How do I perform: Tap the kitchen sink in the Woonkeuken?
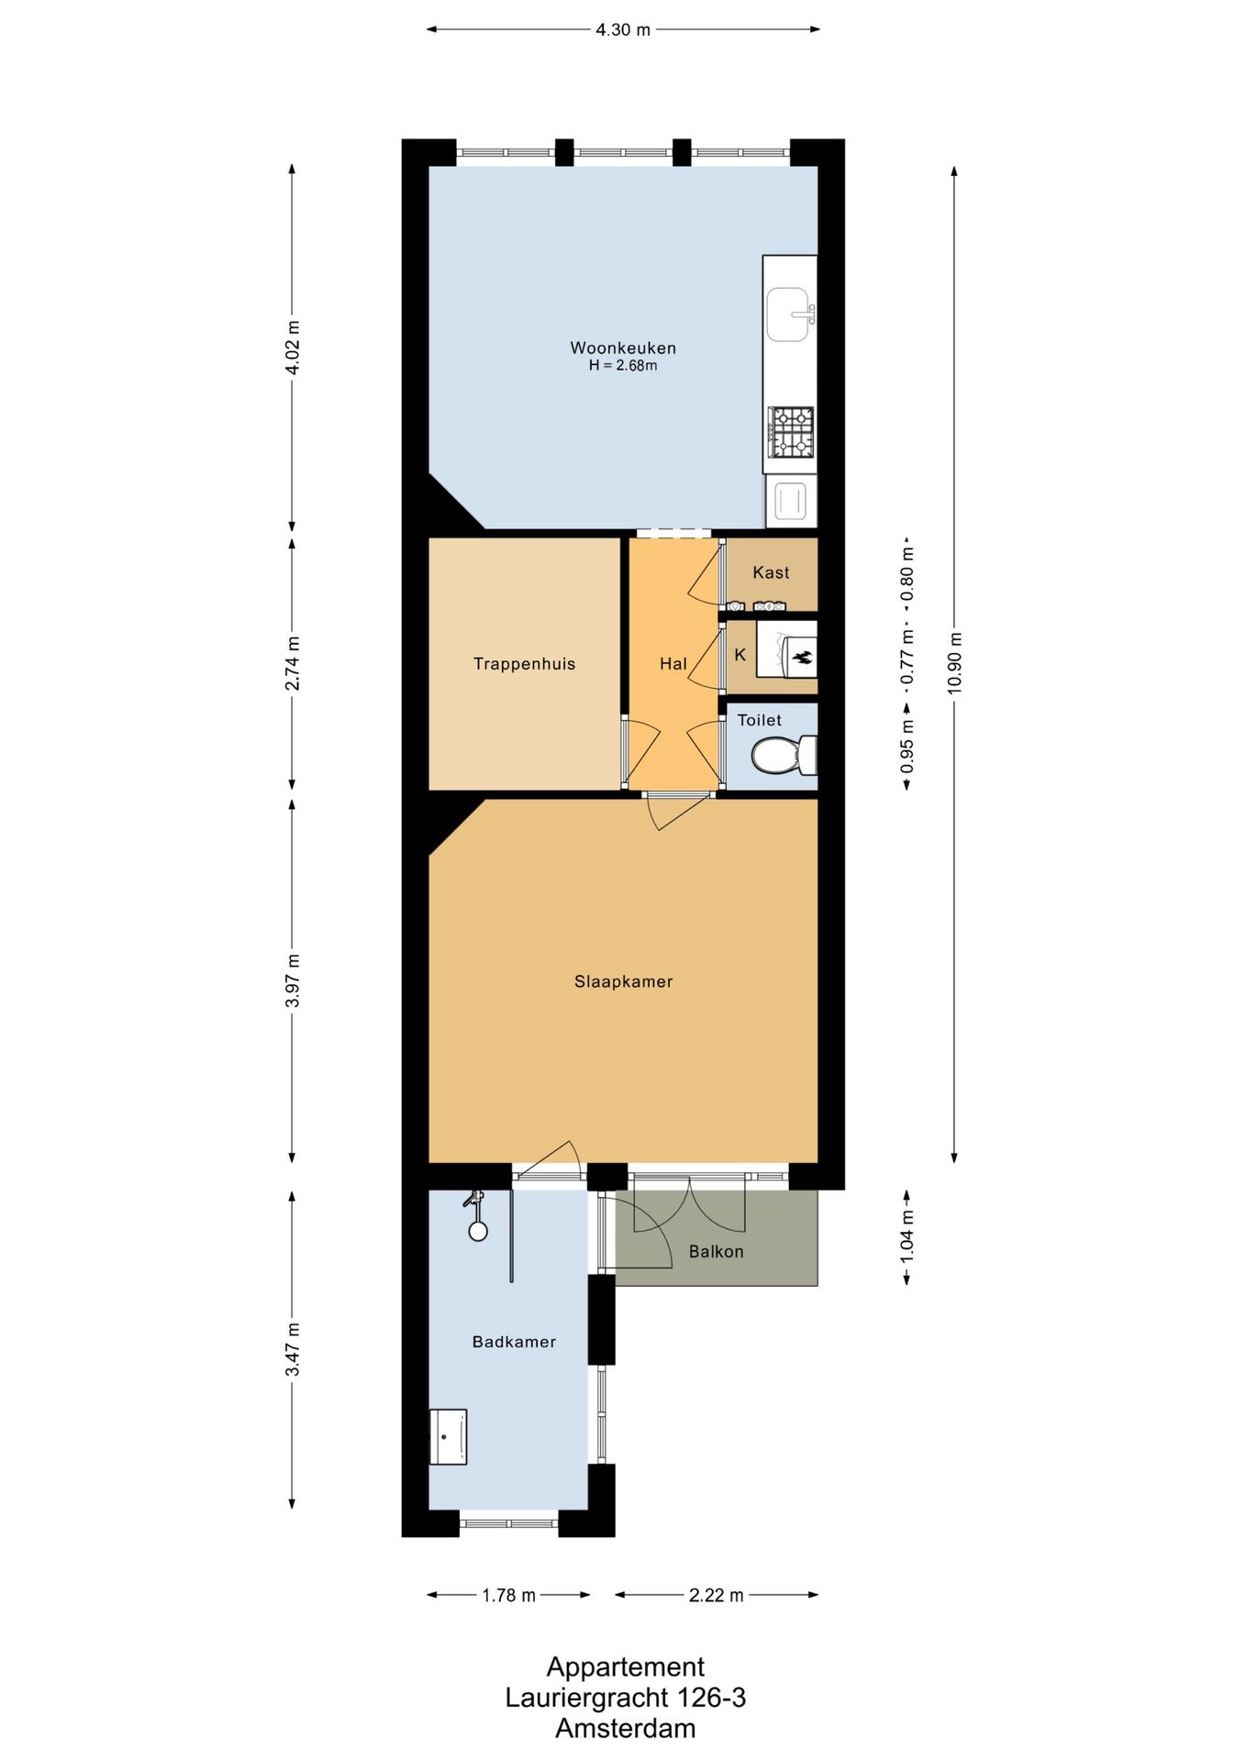tap(787, 315)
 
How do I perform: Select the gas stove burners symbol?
tap(791, 432)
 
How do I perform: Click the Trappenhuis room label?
tap(524, 664)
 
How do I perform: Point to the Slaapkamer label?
tap(623, 981)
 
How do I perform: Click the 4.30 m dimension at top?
tap(623, 30)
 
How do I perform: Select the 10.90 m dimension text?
tap(955, 662)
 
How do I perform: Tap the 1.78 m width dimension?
tap(508, 1595)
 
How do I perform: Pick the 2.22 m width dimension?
tap(716, 1595)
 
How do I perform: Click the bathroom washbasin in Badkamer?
tap(448, 1436)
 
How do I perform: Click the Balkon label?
tap(716, 1252)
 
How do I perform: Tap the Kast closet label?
tap(771, 573)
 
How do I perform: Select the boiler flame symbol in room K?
tap(801, 657)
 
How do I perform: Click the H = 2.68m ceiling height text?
tap(623, 366)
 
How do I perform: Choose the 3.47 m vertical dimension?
tap(293, 1349)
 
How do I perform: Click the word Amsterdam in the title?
tap(625, 1729)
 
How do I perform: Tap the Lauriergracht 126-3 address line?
tap(625, 1698)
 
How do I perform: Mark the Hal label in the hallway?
tap(673, 664)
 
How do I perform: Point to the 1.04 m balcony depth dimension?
tap(907, 1236)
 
